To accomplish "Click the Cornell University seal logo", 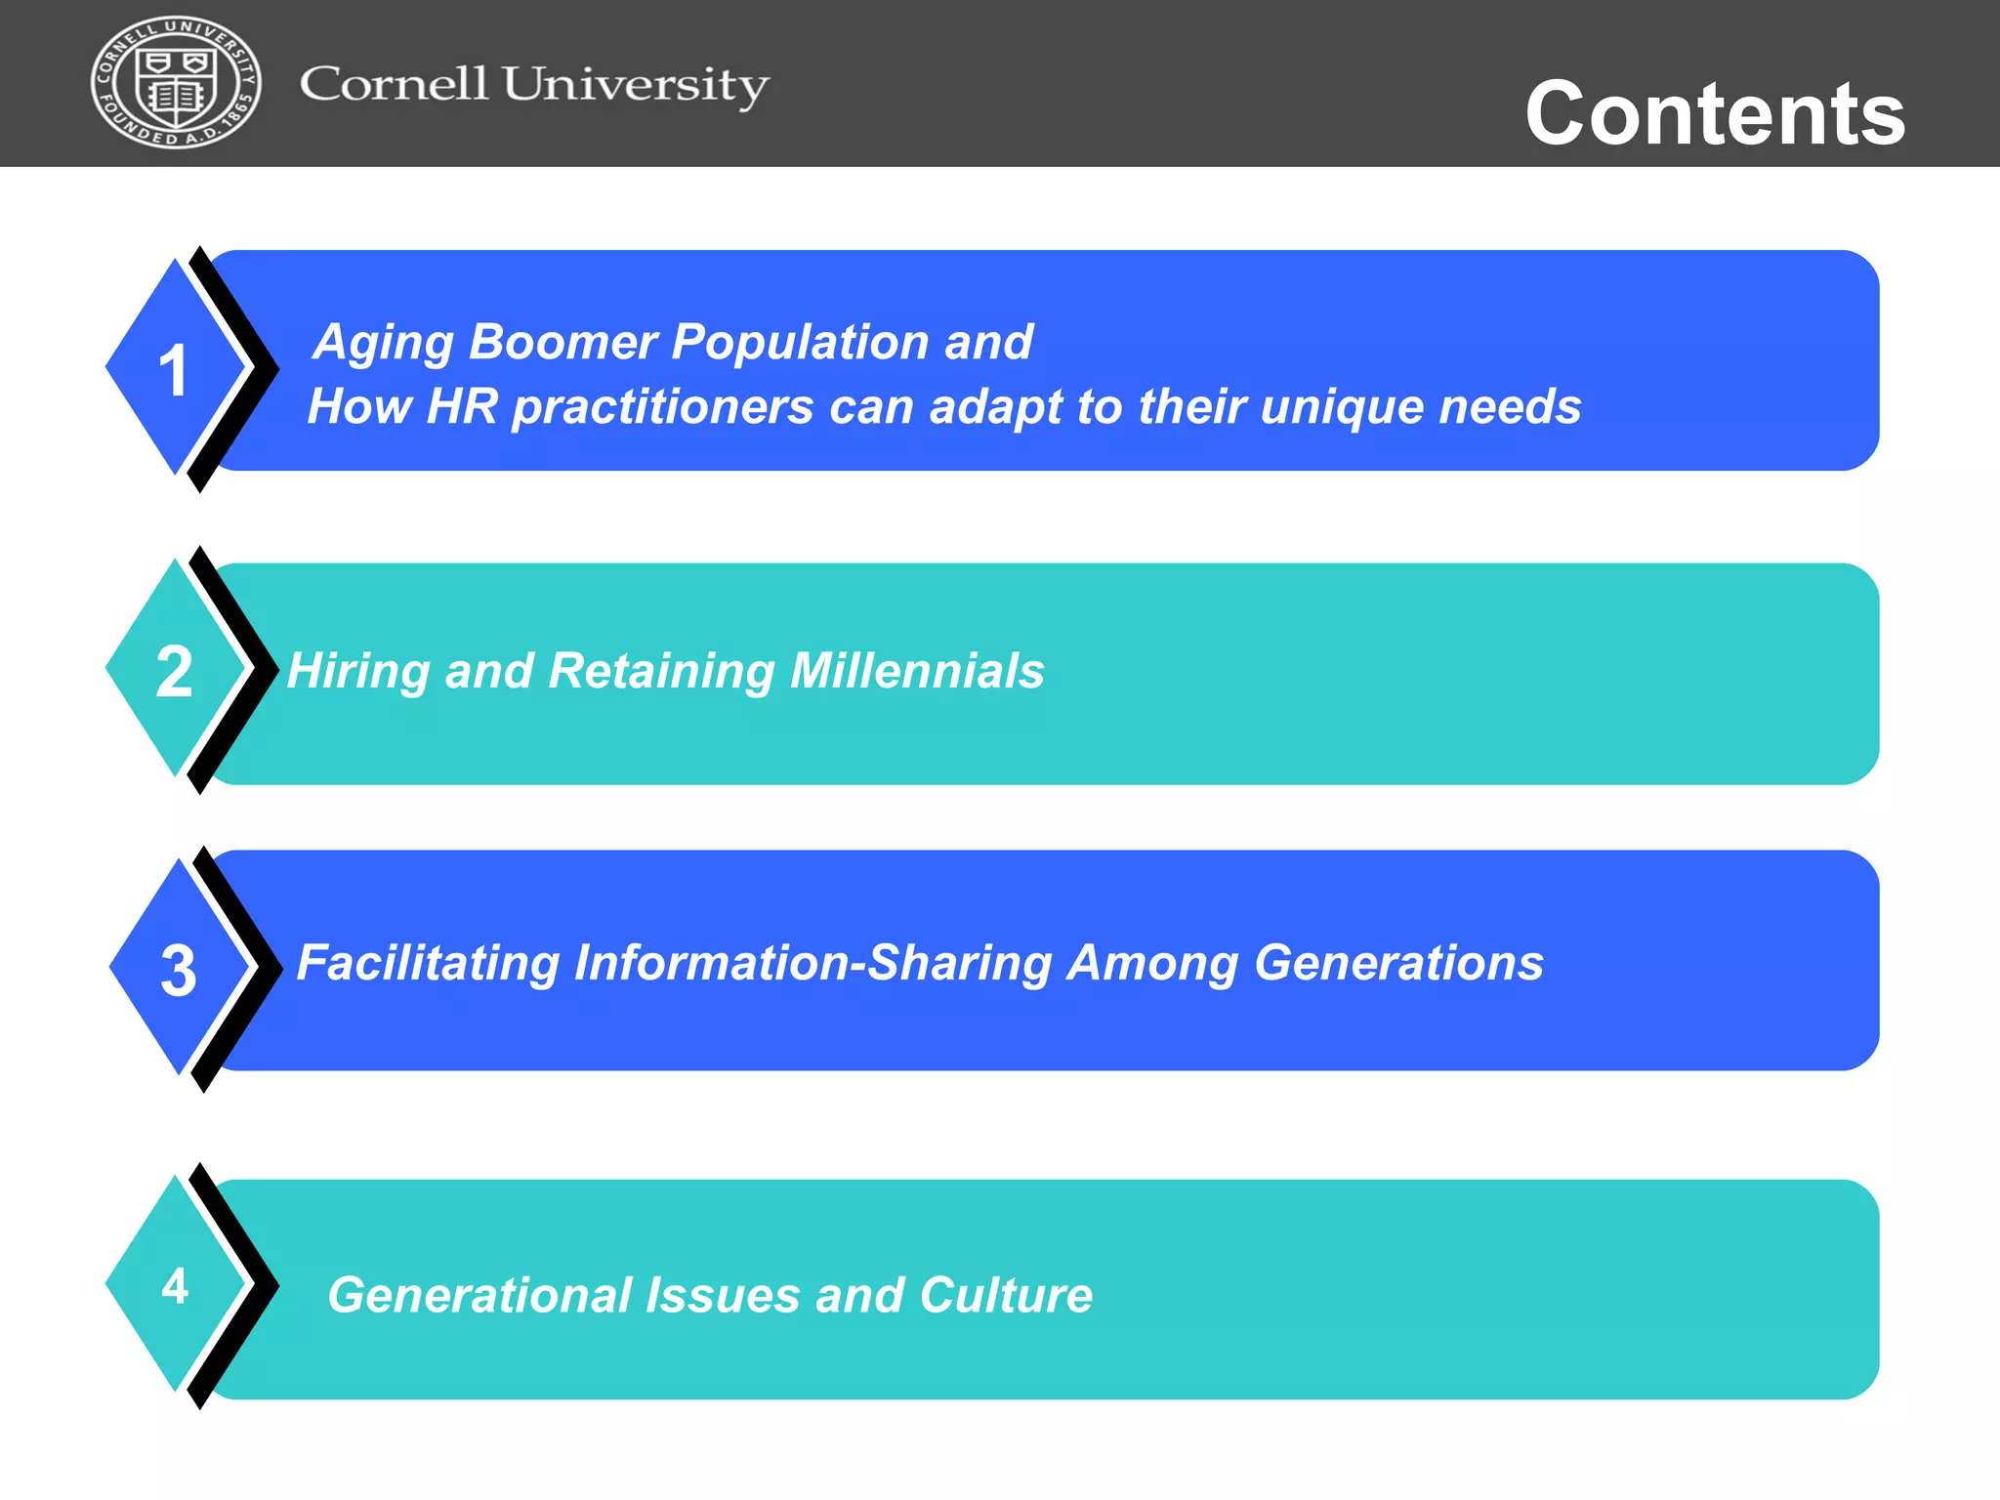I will coord(176,83).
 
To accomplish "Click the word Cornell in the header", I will coord(394,84).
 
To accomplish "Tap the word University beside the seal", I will coord(636,86).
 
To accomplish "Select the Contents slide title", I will coord(1715,113).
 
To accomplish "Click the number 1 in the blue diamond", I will coord(174,371).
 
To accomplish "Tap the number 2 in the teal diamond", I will coord(175,672).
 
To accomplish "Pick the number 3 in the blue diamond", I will coord(179,971).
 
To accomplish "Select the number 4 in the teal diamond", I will coord(176,1285).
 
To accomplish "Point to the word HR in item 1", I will coord(463,406).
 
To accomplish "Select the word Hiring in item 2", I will coord(358,672).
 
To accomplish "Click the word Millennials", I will coord(917,671).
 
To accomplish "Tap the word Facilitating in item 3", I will coord(427,964).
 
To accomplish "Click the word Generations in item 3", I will coord(1398,964).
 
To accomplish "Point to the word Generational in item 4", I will coord(479,1296).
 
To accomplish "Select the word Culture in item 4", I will coord(1005,1296).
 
